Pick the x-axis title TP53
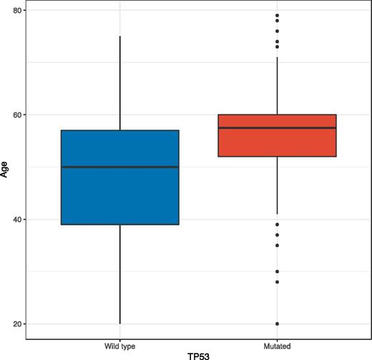[198, 354]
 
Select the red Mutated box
[277, 142]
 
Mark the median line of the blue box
[120, 167]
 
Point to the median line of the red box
[277, 128]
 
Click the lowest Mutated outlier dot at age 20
[277, 324]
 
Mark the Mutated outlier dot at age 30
[277, 272]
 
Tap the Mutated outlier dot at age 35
[277, 245]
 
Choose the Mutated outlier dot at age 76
[277, 31]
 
